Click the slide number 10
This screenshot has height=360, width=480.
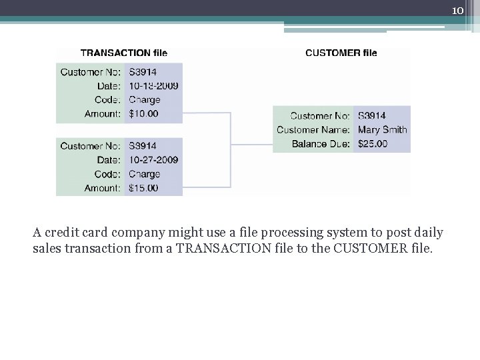[457, 11]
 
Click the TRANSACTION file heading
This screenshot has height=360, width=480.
[124, 53]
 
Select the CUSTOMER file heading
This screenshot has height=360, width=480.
[341, 53]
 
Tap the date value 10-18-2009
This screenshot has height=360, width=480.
[153, 86]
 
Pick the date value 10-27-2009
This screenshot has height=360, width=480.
[153, 160]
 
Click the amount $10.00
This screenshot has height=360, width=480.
[143, 114]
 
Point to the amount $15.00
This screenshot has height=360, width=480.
[143, 188]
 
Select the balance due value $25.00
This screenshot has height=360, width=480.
[373, 143]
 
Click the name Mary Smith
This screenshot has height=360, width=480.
[382, 129]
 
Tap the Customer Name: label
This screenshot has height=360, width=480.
[313, 129]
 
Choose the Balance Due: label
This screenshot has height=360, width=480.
[321, 143]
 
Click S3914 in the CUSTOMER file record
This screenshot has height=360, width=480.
[372, 116]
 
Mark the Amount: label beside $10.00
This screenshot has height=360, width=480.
[103, 114]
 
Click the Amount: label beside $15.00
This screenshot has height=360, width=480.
[103, 188]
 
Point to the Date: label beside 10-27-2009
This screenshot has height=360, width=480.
[109, 160]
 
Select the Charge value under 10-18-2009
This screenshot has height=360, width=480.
[145, 100]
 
